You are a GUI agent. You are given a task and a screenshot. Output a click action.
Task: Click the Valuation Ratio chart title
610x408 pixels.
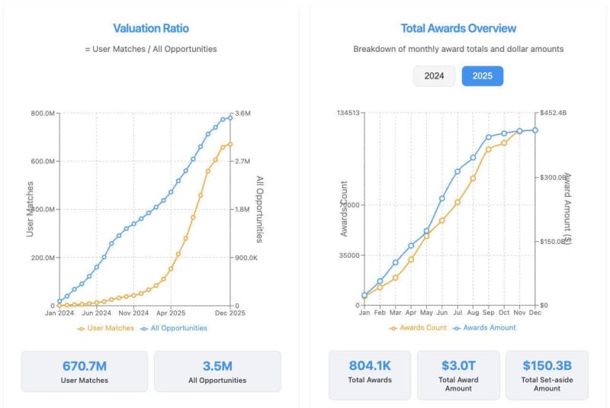(x=151, y=28)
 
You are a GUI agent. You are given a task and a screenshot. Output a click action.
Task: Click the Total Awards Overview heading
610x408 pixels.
(x=458, y=28)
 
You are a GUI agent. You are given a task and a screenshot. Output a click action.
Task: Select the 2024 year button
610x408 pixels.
(x=434, y=75)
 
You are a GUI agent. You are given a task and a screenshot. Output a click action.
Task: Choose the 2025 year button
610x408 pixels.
(x=483, y=75)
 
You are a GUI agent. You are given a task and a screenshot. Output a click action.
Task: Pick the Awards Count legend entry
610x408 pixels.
(x=418, y=327)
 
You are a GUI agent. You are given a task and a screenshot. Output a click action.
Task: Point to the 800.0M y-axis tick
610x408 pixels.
(x=41, y=114)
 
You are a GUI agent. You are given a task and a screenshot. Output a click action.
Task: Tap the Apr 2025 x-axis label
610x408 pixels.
(x=171, y=313)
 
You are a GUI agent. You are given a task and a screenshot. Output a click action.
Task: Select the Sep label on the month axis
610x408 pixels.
(x=489, y=313)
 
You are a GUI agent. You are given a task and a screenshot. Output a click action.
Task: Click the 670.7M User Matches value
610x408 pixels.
(x=84, y=366)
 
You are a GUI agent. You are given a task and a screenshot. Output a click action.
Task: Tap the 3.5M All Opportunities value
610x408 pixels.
(x=217, y=366)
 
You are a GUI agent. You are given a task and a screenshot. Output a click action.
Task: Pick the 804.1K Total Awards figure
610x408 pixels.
(x=370, y=365)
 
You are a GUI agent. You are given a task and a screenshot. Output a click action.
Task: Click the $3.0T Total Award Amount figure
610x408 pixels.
(x=458, y=365)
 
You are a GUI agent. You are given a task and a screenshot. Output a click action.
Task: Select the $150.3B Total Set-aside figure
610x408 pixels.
(x=547, y=365)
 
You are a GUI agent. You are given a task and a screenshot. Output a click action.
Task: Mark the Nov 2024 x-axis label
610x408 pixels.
(x=134, y=313)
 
